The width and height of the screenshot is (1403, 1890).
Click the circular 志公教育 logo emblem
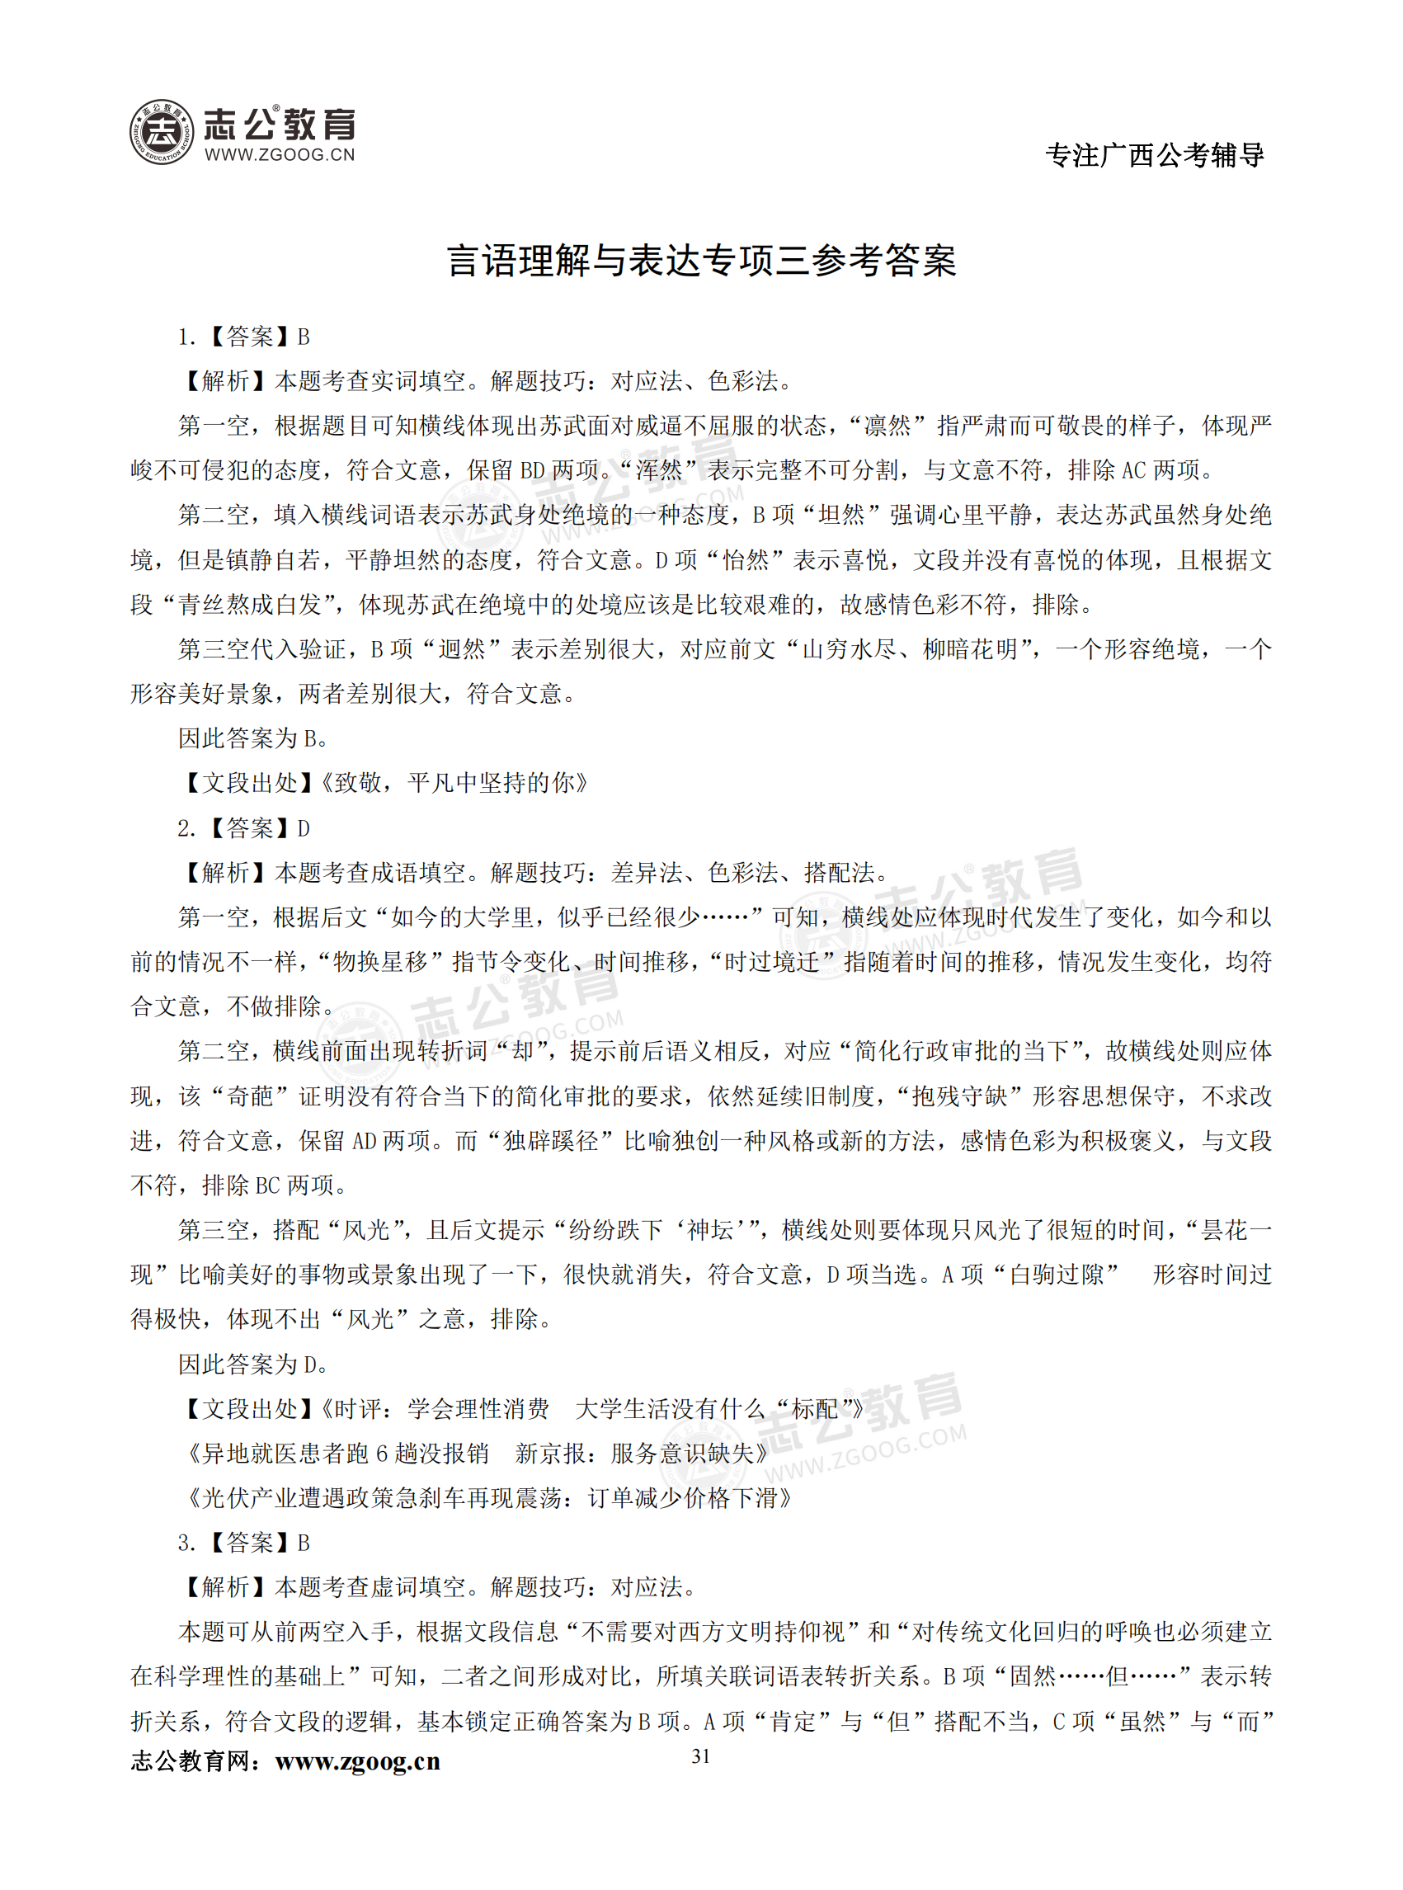pos(162,133)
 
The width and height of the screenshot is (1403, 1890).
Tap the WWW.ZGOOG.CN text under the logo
pos(280,154)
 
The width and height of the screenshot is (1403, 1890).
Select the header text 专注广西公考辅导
pos(1154,155)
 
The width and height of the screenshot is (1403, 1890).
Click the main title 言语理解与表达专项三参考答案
pos(700,261)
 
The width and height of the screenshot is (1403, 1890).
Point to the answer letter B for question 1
pos(304,338)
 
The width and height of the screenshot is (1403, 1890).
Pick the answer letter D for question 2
pos(304,828)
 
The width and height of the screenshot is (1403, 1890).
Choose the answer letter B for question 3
pos(304,1543)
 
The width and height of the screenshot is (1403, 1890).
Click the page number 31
pos(700,1756)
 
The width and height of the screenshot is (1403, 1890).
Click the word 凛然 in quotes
pos(887,427)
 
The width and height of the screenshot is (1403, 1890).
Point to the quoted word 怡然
pos(744,561)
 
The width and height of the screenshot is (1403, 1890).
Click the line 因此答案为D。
pos(252,1365)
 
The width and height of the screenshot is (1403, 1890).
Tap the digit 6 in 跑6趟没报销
pos(381,1454)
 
